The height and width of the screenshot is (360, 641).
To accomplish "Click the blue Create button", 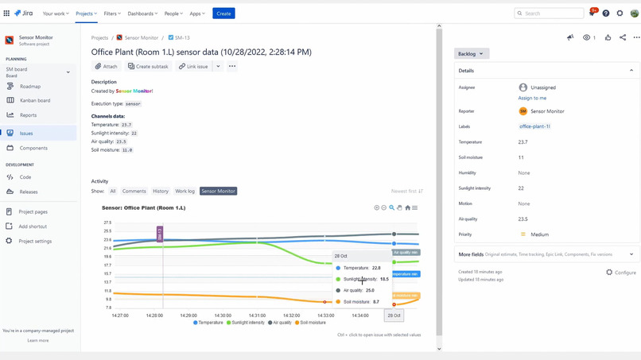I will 223,14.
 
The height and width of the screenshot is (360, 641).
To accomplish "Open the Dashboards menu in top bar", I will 142,14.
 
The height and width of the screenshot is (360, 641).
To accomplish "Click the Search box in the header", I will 549,14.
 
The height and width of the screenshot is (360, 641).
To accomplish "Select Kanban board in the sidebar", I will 35,101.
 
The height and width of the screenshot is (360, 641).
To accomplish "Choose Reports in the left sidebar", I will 29,115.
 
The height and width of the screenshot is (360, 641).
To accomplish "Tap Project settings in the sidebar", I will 35,241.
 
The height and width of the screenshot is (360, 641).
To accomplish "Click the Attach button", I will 107,67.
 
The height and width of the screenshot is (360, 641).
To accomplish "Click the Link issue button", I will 193,67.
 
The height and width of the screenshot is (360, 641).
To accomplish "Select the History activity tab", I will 161,192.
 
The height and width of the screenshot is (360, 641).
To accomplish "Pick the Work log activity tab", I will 185,192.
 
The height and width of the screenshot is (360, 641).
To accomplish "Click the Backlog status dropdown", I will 471,54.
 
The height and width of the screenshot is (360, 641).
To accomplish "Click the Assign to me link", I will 532,98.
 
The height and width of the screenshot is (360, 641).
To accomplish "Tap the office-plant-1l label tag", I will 534,126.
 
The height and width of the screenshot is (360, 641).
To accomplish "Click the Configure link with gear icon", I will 621,273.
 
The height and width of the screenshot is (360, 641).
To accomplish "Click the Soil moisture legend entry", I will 310,323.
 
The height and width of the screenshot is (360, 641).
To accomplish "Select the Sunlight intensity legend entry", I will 246,323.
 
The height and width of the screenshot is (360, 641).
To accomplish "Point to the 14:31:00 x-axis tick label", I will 257,315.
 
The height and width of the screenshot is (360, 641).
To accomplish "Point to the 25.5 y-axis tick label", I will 107,231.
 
